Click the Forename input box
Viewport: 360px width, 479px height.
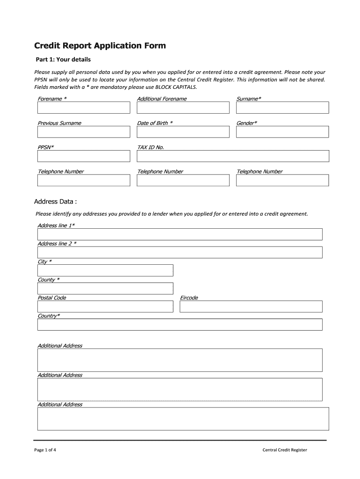pos(84,108)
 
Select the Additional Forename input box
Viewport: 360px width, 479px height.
pos(183,108)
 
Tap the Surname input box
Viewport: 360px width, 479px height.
pos(282,108)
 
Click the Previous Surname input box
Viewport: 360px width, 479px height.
pos(84,132)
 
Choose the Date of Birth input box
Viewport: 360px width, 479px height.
pos(183,132)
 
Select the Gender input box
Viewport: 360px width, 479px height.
pos(282,132)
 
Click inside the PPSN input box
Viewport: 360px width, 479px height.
pos(84,156)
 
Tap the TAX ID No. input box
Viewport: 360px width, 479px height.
pos(232,156)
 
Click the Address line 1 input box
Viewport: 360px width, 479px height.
pos(180,234)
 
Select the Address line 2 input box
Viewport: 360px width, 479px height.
pos(180,253)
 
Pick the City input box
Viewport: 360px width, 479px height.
pos(105,270)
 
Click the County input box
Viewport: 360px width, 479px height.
pos(105,288)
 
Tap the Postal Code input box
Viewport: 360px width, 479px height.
pos(105,306)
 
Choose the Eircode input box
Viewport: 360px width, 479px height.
pos(251,306)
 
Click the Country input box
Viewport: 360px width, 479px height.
pos(180,325)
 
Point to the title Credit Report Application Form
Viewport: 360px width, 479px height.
pos(100,46)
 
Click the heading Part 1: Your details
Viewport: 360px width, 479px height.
pos(64,60)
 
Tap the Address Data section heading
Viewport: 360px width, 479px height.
pos(55,202)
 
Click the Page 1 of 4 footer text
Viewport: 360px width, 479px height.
pos(45,450)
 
